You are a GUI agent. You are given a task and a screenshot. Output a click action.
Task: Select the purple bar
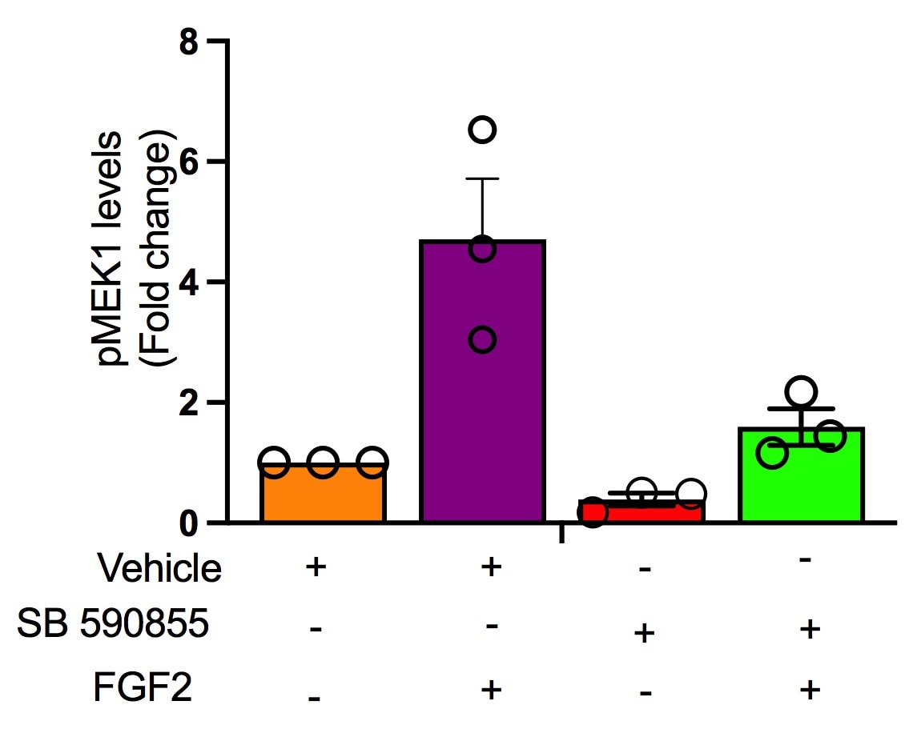[x=482, y=384]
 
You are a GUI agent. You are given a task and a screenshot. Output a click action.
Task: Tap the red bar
[x=642, y=513]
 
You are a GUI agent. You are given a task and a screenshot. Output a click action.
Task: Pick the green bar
[x=802, y=480]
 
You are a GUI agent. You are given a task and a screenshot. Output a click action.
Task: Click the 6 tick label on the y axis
[x=189, y=162]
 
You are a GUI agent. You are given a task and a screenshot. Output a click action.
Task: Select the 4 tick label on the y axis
[x=189, y=282]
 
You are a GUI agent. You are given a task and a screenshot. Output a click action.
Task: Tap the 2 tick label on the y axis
[x=189, y=403]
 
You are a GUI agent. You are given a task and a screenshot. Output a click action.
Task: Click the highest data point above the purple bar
[x=483, y=129]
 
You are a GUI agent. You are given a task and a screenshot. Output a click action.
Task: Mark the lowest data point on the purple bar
[x=482, y=340]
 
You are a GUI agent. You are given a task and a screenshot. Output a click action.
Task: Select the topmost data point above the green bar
[x=801, y=391]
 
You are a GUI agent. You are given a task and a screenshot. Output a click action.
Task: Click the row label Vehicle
[x=159, y=569]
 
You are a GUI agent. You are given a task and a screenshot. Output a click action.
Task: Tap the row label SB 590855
[x=113, y=625]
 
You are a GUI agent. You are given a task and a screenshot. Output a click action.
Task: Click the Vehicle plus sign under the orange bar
[x=316, y=567]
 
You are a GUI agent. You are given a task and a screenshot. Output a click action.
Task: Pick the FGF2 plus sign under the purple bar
[x=490, y=688]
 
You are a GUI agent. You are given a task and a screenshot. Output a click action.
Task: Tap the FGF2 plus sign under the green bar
[x=810, y=688]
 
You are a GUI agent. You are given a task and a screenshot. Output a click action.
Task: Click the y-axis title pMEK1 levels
[x=112, y=248]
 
